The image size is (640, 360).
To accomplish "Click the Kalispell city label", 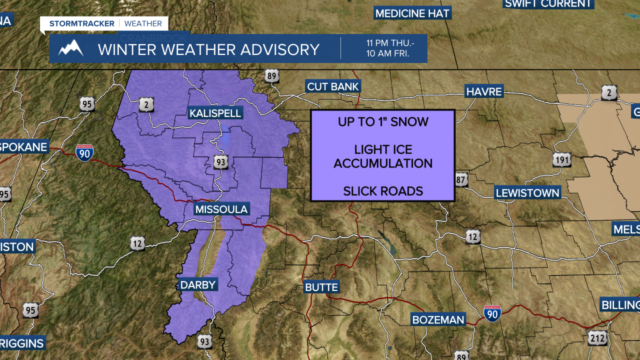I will (215, 113).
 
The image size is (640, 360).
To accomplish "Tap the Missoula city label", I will (221, 209).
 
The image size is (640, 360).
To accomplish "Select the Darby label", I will (198, 285).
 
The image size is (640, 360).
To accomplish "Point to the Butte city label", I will (321, 287).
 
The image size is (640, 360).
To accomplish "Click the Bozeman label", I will (438, 319).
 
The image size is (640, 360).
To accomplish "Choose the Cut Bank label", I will (333, 86).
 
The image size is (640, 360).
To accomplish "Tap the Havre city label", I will (484, 91).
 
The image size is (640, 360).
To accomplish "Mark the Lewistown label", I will (527, 193).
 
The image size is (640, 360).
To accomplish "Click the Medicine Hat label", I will (412, 13).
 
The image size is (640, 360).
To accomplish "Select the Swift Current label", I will (548, 4).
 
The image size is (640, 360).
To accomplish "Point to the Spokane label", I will (23, 147).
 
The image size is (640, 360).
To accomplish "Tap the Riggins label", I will (22, 343).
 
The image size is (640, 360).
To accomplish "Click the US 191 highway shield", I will (561, 160).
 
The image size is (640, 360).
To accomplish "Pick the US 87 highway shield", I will (461, 180).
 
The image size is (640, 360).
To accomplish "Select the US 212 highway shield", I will (597, 337).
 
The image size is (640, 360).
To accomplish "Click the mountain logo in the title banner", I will (70, 48).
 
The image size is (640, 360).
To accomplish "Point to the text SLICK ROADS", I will (383, 190).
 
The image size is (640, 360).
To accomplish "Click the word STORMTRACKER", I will (81, 23).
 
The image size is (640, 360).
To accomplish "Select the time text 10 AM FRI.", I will (387, 53).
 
